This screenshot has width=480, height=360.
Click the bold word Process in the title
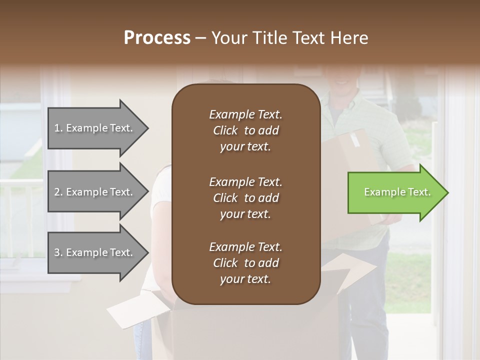[x=157, y=38]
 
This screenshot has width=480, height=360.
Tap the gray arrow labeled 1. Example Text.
[x=95, y=128]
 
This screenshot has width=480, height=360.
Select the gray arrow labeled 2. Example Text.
[x=95, y=192]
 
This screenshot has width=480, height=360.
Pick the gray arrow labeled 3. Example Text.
[x=95, y=252]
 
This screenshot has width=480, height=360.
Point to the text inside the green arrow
[x=397, y=192]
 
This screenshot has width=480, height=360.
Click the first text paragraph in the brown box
[x=245, y=130]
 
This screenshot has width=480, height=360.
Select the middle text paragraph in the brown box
[x=245, y=197]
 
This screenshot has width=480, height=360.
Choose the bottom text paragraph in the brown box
[x=245, y=263]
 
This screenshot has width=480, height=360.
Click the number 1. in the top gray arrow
[x=58, y=128]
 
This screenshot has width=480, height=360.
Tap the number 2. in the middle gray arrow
[x=58, y=192]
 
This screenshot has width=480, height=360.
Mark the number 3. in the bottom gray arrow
[x=58, y=252]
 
